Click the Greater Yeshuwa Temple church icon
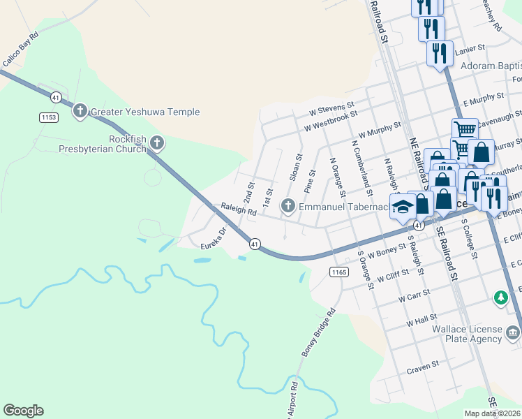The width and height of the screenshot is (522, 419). coord(80,111)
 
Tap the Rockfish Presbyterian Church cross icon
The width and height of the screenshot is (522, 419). coord(157,144)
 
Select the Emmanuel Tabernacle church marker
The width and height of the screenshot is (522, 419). coord(288,206)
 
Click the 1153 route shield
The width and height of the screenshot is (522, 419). coord(48,117)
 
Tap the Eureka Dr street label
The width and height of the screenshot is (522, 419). coord(214,239)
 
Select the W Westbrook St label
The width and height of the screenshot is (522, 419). coord(331,120)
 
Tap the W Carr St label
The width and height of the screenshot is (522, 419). coord(412,298)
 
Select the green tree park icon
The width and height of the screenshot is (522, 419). coord(500,298)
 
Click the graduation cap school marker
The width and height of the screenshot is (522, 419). coord(403,207)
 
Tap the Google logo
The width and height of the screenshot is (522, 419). coord(23,411)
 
